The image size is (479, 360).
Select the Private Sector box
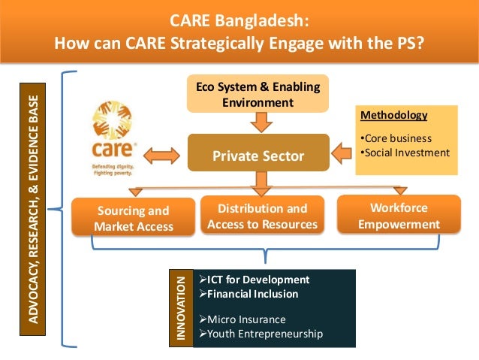pyautogui.click(x=258, y=156)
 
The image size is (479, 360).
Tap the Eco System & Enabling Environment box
pyautogui.click(x=258, y=94)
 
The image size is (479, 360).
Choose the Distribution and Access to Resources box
pyautogui.click(x=262, y=216)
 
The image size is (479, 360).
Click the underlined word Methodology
pyautogui.click(x=394, y=116)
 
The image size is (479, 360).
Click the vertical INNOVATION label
pyautogui.click(x=180, y=308)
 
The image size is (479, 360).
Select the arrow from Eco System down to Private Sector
pyautogui.click(x=258, y=121)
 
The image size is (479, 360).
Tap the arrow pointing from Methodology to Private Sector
pyautogui.click(x=343, y=153)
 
